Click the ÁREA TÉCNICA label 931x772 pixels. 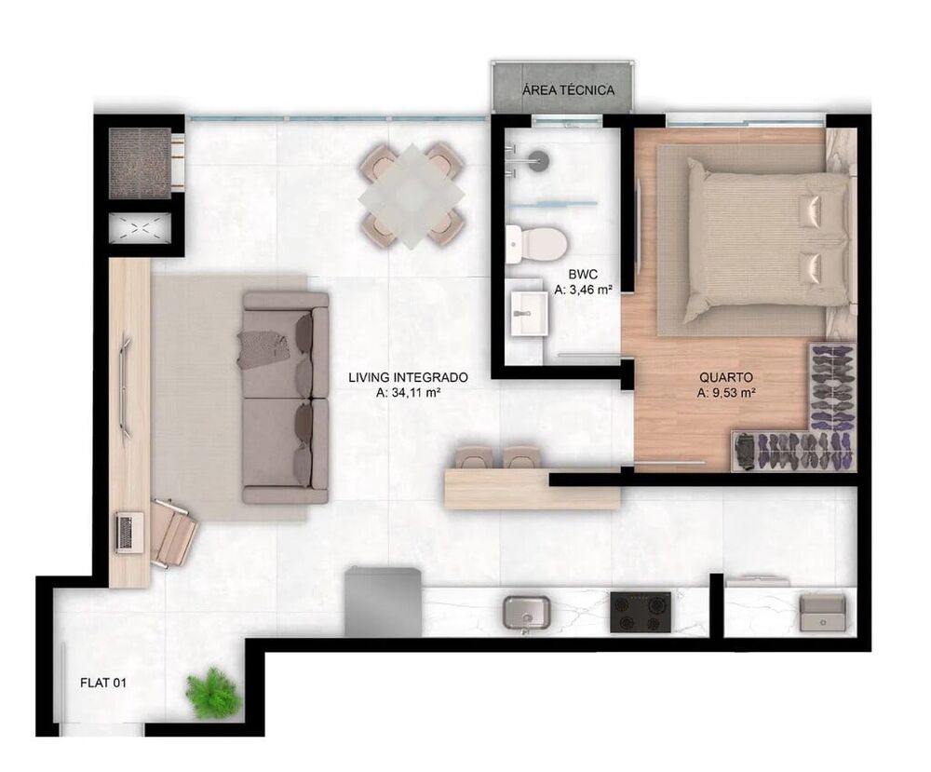(x=567, y=90)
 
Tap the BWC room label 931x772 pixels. (x=583, y=276)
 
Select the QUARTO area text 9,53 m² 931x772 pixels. (x=725, y=393)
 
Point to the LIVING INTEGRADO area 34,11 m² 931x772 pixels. (x=408, y=393)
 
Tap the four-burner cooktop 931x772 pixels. (x=641, y=614)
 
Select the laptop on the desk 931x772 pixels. (x=125, y=532)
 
